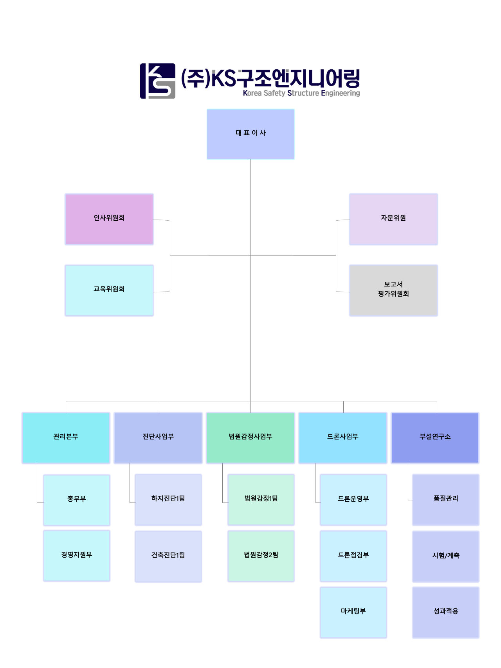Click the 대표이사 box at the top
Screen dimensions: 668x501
coord(250,134)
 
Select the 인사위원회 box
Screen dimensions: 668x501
coord(109,219)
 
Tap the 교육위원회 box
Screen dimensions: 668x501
coord(109,290)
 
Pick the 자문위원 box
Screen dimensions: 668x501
coord(393,219)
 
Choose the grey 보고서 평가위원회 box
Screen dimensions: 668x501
coord(393,290)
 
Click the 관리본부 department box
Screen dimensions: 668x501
coord(66,438)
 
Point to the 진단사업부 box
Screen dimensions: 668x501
coord(158,438)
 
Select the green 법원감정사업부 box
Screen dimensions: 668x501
coord(250,438)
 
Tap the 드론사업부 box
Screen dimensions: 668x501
coord(343,438)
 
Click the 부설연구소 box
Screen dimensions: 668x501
coord(435,438)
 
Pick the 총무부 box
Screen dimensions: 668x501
coord(77,500)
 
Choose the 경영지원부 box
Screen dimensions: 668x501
coord(77,556)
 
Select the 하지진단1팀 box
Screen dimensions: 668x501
coord(168,500)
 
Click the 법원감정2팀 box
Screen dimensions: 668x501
coord(261,556)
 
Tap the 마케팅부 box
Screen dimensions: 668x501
coord(353,612)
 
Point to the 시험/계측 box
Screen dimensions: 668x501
coord(446,556)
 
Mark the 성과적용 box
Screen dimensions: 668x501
coord(446,612)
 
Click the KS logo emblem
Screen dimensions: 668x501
coord(158,81)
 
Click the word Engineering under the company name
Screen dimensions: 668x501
coord(341,93)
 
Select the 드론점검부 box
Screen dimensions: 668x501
coord(353,556)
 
